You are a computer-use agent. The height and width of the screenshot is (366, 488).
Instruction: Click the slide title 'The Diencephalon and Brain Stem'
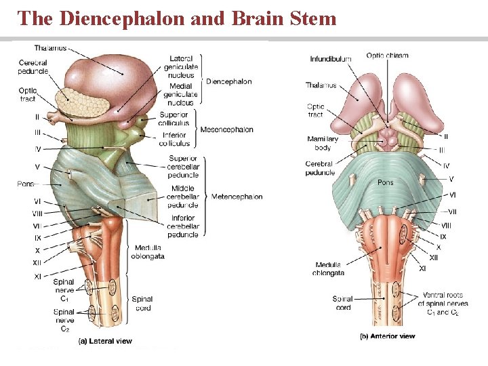pos(178,18)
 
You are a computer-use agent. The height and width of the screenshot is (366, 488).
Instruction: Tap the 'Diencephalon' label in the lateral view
pos(228,81)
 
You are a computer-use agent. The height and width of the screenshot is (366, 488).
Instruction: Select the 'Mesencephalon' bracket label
pos(226,129)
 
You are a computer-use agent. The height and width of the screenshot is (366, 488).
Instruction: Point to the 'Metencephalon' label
pos(237,197)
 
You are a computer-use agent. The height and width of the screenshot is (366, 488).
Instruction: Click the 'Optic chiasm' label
pos(387,55)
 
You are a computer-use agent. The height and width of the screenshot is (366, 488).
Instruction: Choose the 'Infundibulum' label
pos(331,59)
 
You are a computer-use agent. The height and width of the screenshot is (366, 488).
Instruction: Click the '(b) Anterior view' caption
pos(387,336)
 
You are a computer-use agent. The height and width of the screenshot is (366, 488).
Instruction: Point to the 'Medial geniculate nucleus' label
pos(181,95)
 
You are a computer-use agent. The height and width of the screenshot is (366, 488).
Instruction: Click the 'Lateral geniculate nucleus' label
pos(181,67)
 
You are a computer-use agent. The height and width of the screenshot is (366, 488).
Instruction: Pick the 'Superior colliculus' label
pos(174,119)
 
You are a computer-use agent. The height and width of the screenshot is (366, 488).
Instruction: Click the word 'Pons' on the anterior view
pos(385,182)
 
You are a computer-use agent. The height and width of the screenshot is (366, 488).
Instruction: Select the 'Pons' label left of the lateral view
pos(26,184)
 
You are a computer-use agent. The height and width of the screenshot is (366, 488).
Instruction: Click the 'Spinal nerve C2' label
pos(64,320)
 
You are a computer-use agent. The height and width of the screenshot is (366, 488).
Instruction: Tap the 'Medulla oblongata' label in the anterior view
pos(329,269)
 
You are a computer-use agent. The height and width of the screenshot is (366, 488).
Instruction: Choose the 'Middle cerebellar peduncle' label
pos(183,197)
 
